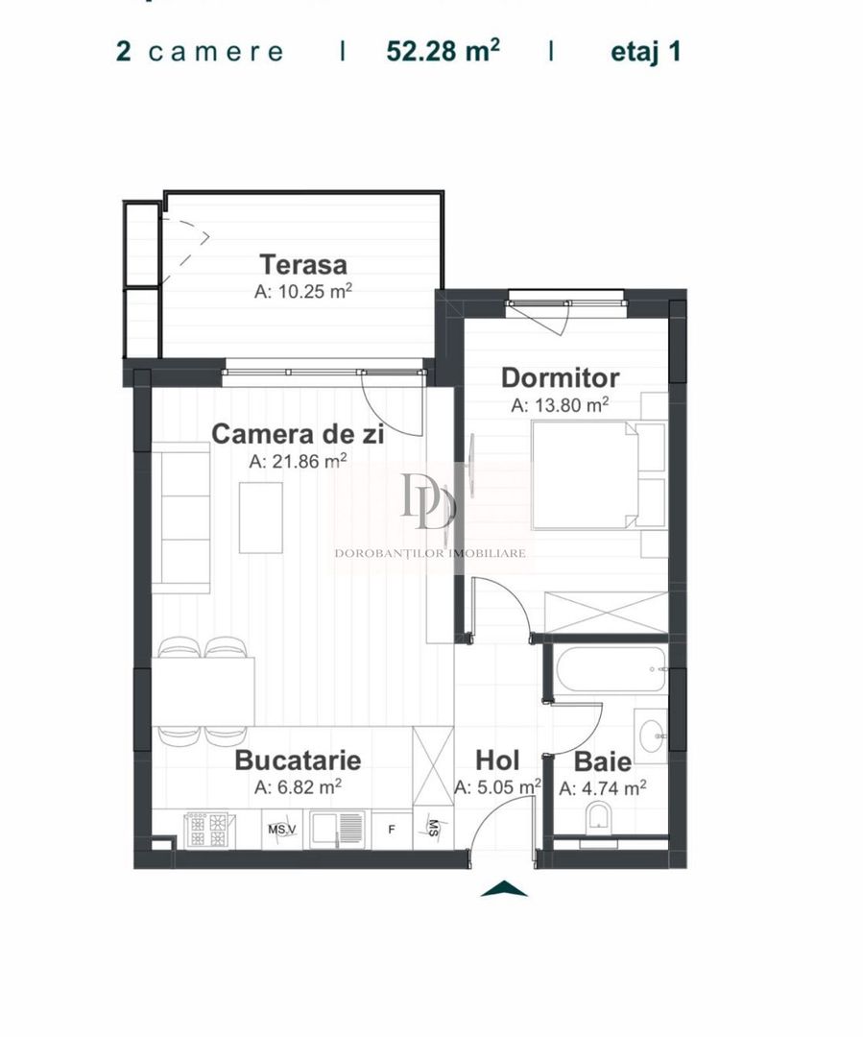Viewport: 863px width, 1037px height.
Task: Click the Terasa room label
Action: pos(302,264)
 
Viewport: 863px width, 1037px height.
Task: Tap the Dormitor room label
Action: pos(561,378)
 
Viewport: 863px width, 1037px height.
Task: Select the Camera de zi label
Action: pos(298,434)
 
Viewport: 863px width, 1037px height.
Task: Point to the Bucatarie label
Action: pos(298,760)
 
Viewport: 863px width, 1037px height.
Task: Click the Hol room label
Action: pos(497,761)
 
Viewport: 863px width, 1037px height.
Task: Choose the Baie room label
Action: pos(603,762)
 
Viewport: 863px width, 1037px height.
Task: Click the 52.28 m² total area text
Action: pos(443,51)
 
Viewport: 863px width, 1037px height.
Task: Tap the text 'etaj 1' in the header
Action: pos(645,51)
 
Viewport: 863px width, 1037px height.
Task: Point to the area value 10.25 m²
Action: pos(302,292)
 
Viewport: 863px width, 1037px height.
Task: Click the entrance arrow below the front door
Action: pos(504,889)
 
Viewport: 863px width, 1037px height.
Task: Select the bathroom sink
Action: pos(652,736)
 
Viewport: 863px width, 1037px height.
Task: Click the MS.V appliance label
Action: pos(282,830)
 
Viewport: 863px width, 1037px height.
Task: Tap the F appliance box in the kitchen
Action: pos(390,830)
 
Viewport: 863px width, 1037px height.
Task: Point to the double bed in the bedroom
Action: pos(586,475)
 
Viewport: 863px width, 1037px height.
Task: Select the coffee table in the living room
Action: pos(260,517)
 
